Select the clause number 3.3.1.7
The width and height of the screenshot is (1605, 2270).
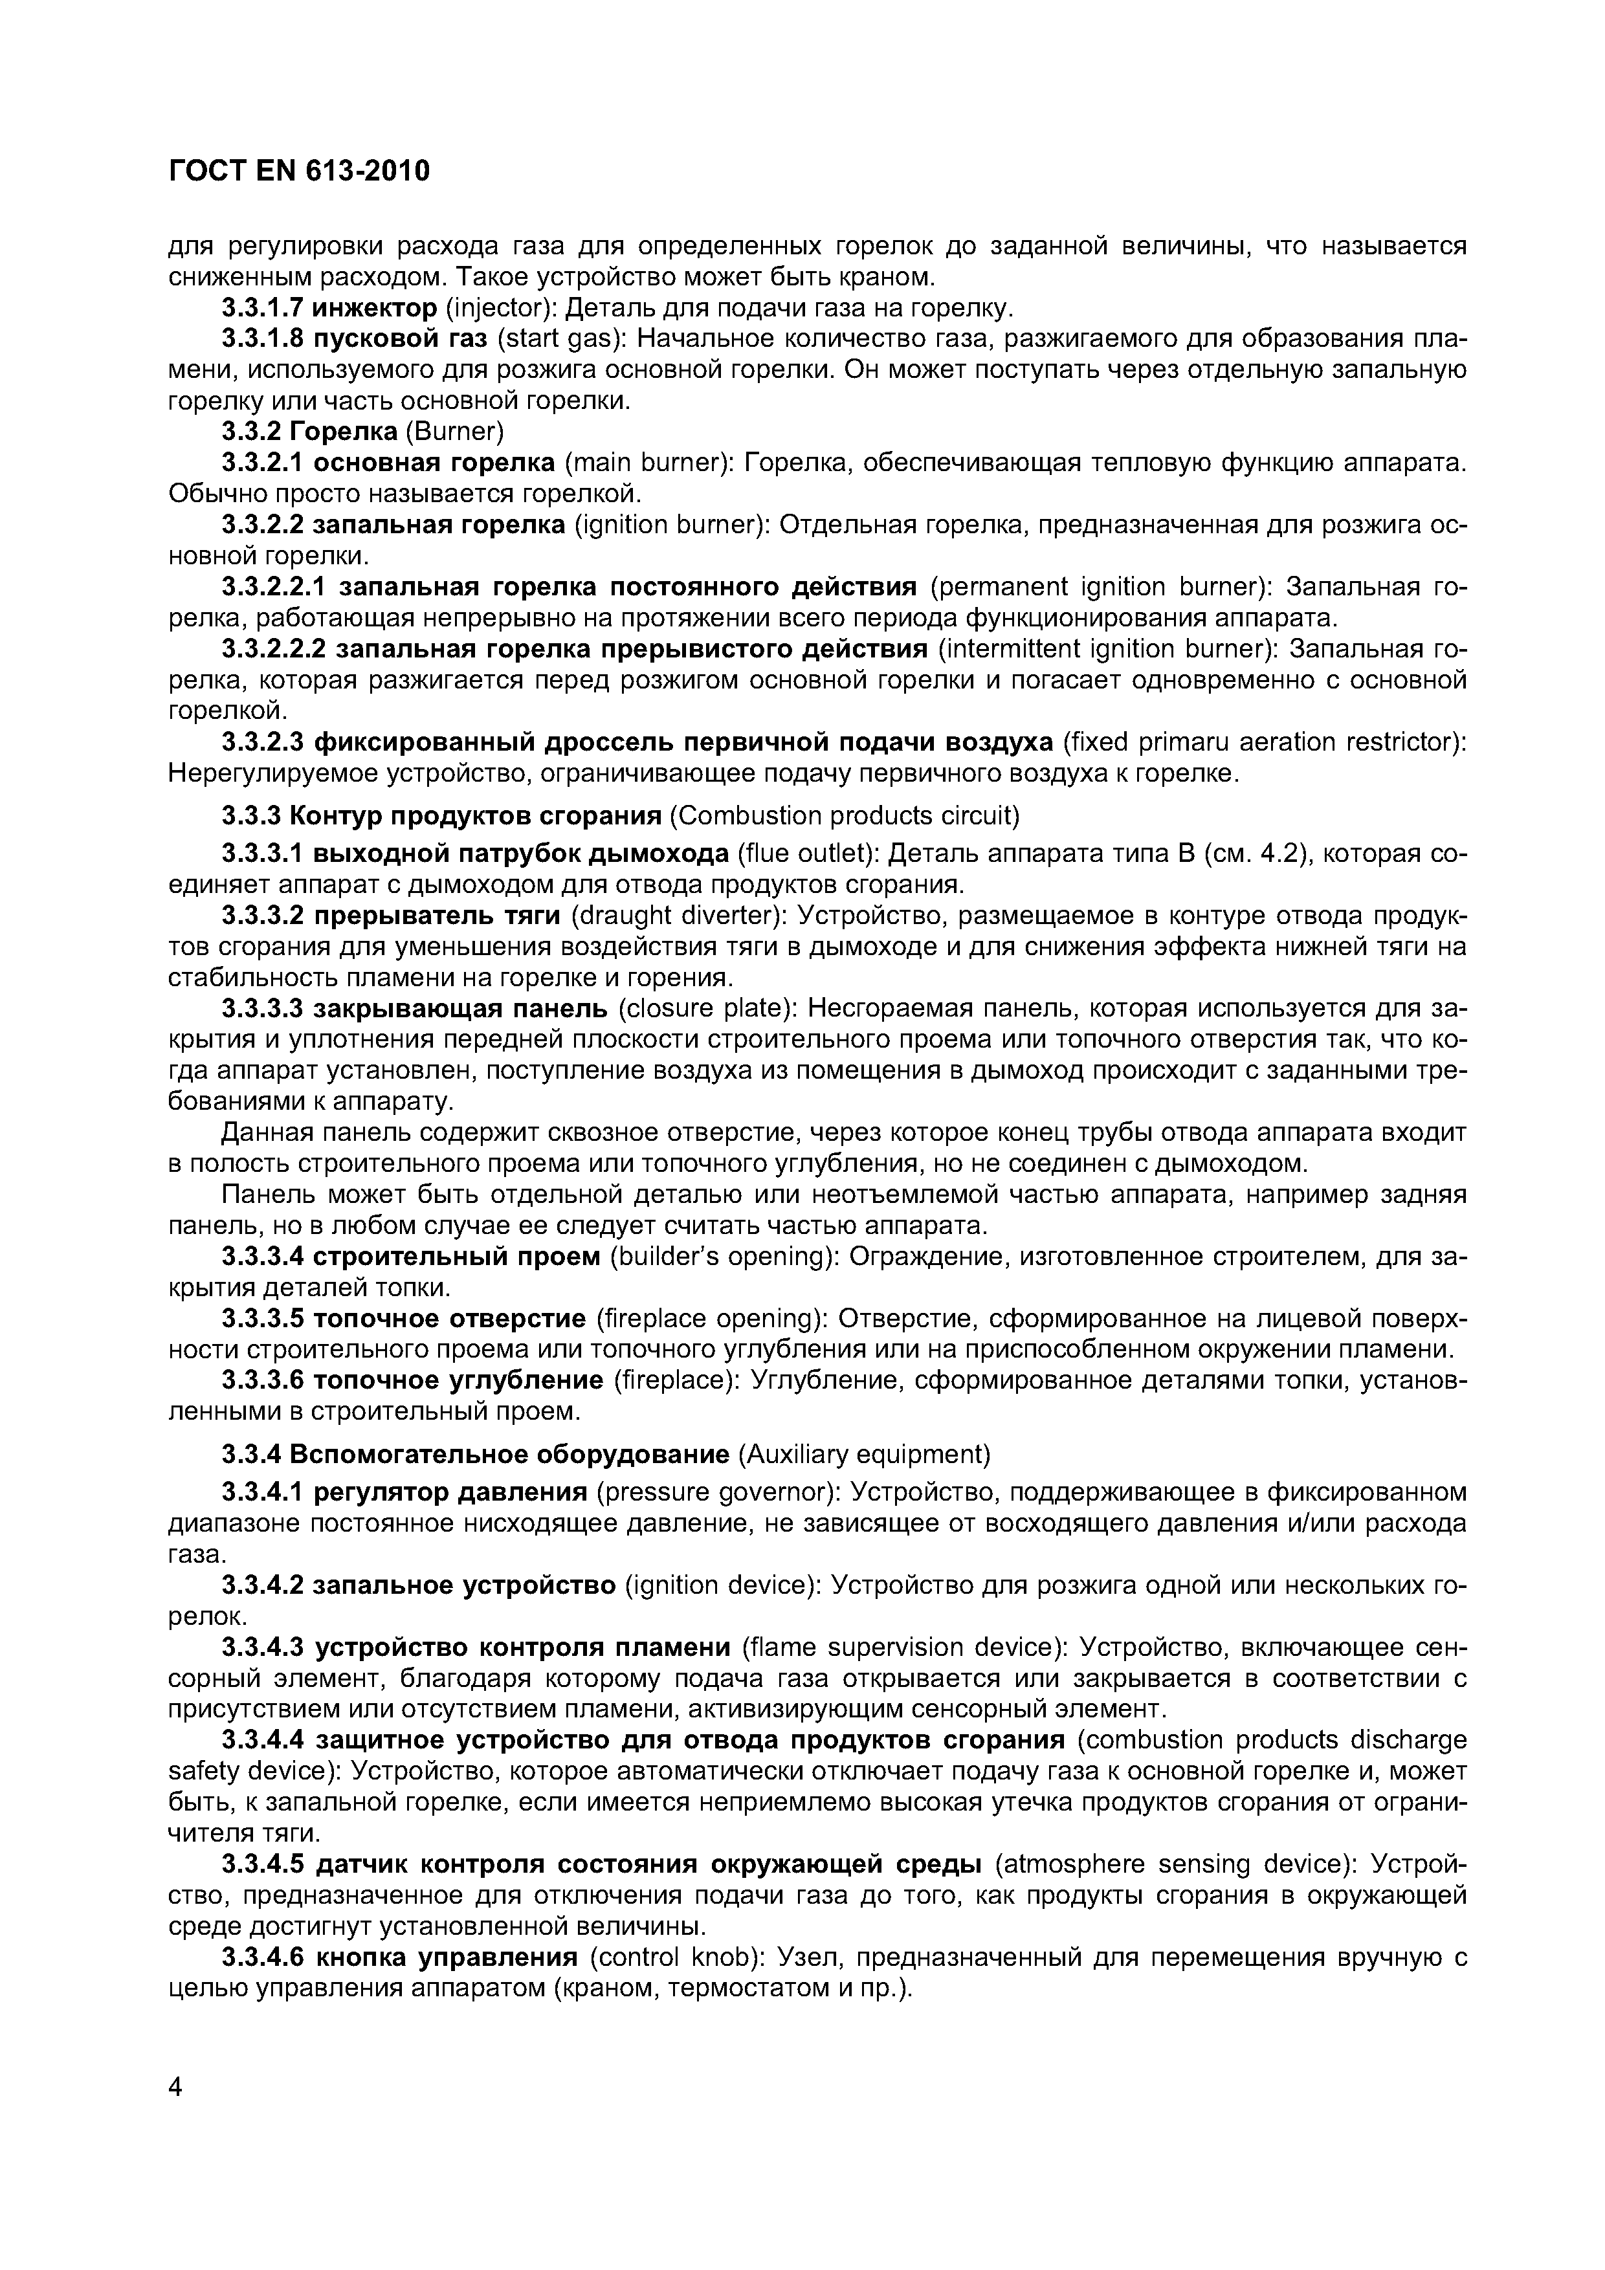(262, 309)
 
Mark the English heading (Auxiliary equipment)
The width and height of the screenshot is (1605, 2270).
(863, 1455)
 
